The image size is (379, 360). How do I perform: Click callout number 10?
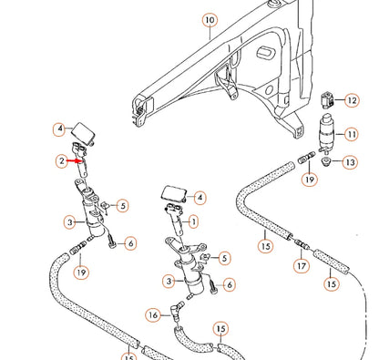pos(209,19)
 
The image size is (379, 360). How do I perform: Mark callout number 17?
pos(300,268)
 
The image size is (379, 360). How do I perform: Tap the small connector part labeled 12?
pos(327,98)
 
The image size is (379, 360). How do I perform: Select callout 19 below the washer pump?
pos(310,181)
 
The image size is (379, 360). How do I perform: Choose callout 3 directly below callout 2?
pos(69,221)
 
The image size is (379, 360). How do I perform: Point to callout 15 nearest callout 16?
pos(221,328)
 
